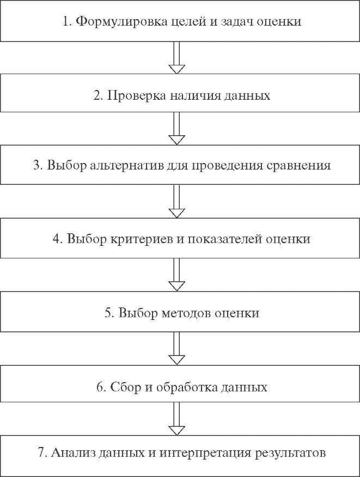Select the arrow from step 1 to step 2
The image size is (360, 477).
coord(176,57)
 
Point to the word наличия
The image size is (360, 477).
coord(196,96)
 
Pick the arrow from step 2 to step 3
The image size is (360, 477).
coord(176,128)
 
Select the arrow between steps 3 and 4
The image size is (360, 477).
coord(176,201)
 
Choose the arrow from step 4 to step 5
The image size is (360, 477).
coord(176,275)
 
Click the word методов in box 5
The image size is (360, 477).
coord(186,313)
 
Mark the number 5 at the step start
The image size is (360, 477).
coord(108,313)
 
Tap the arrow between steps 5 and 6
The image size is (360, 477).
coord(176,348)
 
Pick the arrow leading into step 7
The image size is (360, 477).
coord(176,419)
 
